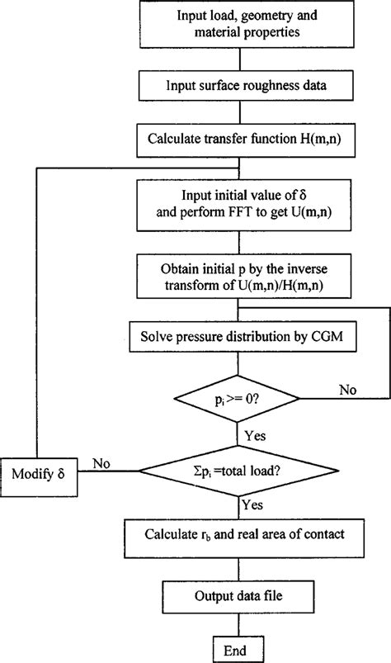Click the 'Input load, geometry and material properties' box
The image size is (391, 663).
click(x=239, y=25)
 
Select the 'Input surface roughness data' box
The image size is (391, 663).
click(x=239, y=84)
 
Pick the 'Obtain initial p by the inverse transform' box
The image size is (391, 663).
click(x=239, y=276)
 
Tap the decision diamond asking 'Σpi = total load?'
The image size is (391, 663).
click(x=238, y=472)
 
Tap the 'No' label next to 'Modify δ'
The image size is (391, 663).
click(x=102, y=463)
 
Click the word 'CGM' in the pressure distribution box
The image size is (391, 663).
click(x=299, y=338)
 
